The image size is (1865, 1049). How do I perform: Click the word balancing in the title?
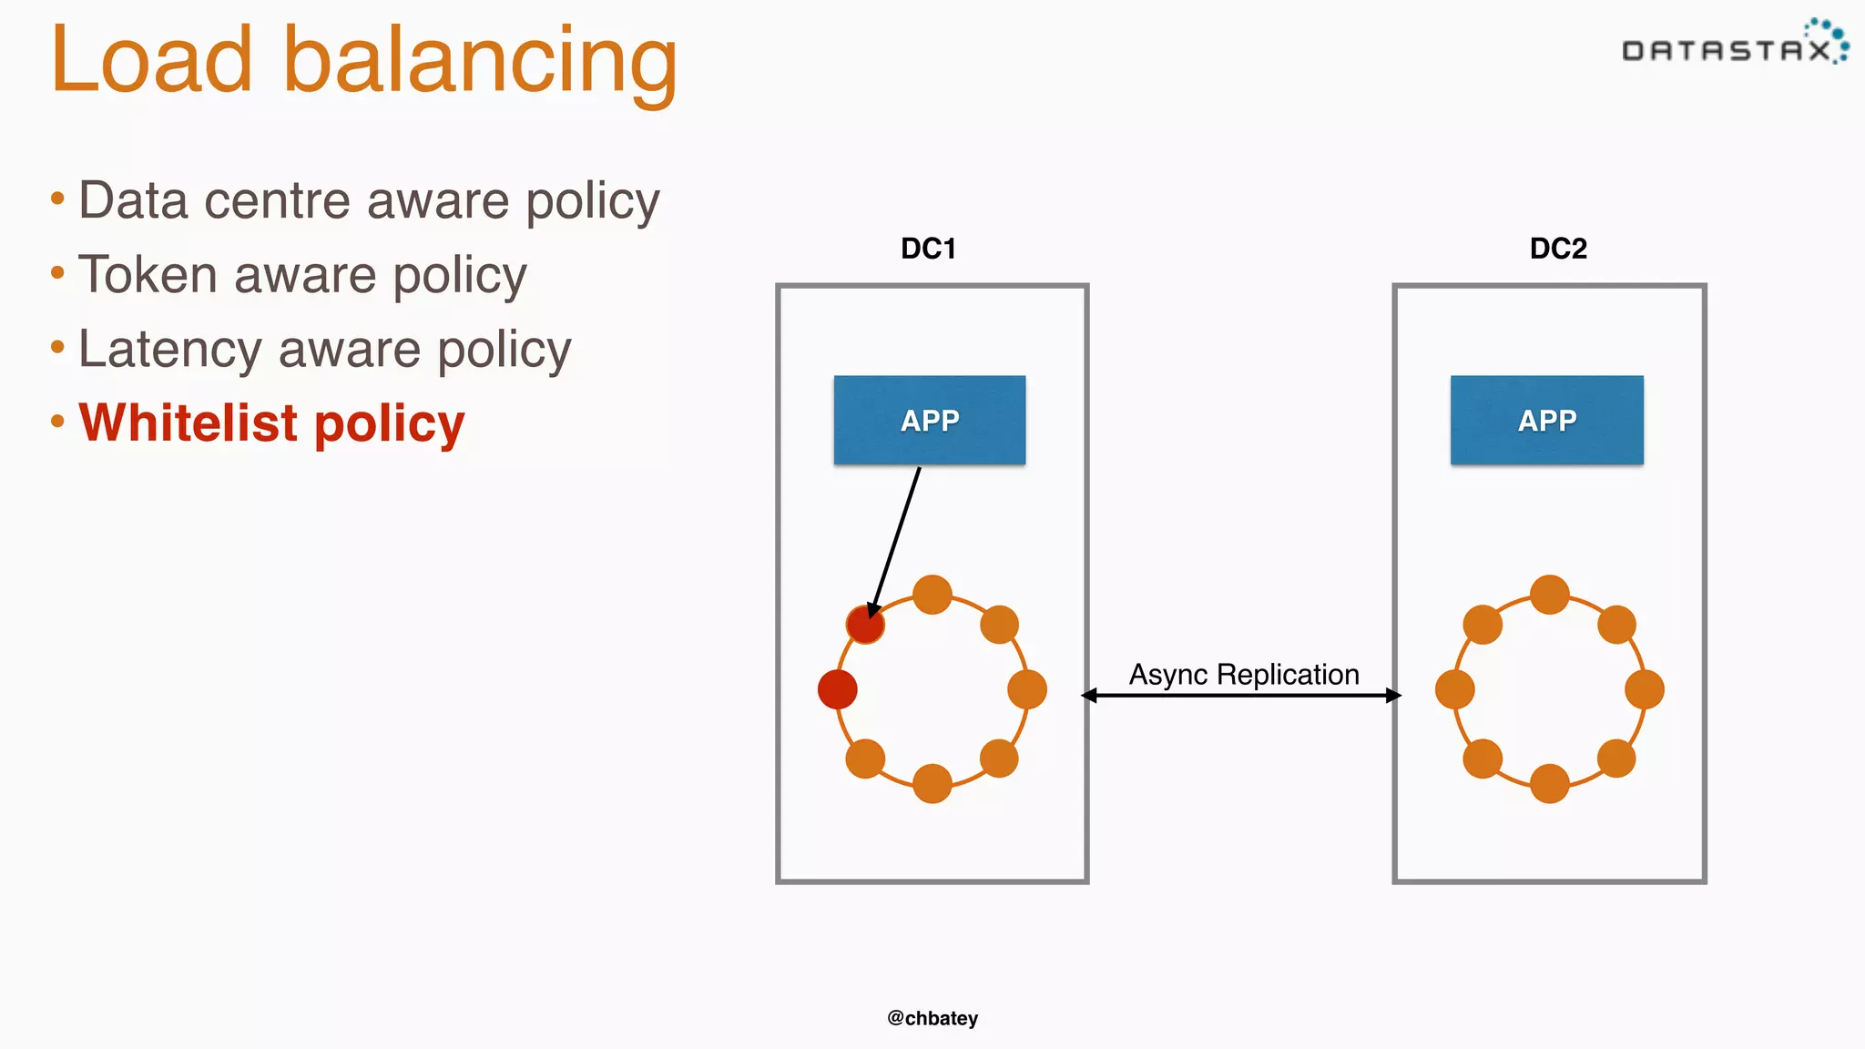(x=480, y=62)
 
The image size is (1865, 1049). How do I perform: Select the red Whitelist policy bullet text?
(x=271, y=423)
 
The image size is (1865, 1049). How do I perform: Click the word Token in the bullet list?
(x=148, y=275)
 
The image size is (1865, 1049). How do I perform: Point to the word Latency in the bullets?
(x=170, y=349)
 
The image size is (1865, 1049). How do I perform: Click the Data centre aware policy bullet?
(x=368, y=200)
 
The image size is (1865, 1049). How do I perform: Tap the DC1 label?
(x=928, y=249)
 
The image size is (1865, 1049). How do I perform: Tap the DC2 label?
(x=1558, y=249)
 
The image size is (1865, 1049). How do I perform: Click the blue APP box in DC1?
(x=930, y=421)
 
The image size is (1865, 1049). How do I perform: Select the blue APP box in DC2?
(x=1546, y=421)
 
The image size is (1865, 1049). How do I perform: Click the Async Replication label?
(x=1244, y=675)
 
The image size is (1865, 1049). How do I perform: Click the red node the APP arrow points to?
(x=865, y=625)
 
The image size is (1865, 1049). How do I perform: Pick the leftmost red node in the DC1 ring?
(x=838, y=689)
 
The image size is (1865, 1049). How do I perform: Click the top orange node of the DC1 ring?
(x=932, y=595)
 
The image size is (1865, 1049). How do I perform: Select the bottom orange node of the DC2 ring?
(x=1549, y=783)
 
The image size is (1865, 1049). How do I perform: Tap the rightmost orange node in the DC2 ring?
(x=1644, y=689)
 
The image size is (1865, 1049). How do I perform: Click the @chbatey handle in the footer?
(x=932, y=1018)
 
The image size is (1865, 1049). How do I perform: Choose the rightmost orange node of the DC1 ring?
(x=1027, y=689)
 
